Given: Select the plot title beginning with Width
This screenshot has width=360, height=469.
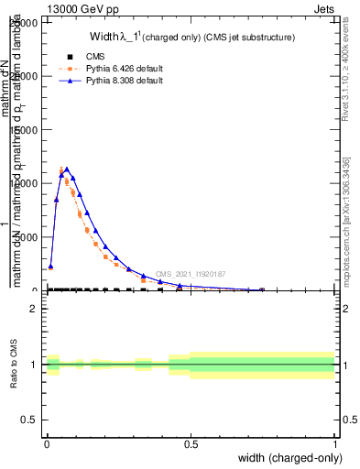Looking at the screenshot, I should [x=178, y=38].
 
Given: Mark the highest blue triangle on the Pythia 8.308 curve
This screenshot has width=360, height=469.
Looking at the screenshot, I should [x=66, y=169].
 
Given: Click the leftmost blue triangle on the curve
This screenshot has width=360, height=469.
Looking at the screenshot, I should [x=50, y=267].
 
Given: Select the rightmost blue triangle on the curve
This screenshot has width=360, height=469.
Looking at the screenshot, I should [x=262, y=289].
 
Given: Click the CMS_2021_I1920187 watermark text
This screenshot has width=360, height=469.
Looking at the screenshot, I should [x=190, y=273].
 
